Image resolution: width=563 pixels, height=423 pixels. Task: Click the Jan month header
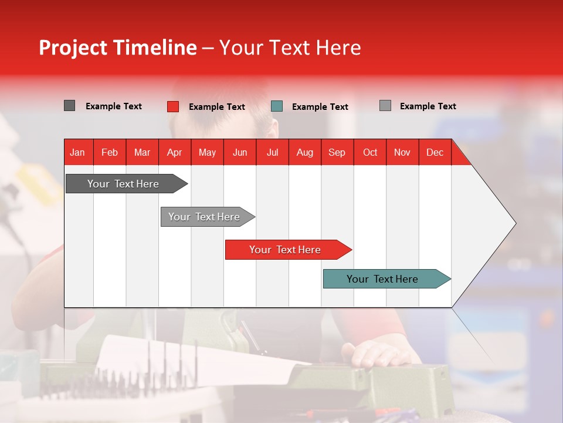pyautogui.click(x=77, y=153)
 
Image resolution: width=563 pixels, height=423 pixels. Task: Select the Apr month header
pyautogui.click(x=174, y=153)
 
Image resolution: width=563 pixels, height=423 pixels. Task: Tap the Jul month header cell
pyautogui.click(x=272, y=153)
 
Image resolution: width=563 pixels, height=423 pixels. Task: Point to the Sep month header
pyautogui.click(x=337, y=153)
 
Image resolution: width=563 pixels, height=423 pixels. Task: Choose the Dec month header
pyautogui.click(x=435, y=153)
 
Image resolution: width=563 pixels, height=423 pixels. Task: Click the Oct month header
pyautogui.click(x=370, y=153)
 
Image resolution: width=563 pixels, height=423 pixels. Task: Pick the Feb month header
pyautogui.click(x=110, y=153)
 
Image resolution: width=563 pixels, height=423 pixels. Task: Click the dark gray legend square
pyautogui.click(x=69, y=106)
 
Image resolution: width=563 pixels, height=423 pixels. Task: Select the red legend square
pyautogui.click(x=173, y=106)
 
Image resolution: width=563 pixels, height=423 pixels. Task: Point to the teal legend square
pyautogui.click(x=277, y=106)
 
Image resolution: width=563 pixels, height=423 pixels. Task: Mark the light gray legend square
pyautogui.click(x=385, y=106)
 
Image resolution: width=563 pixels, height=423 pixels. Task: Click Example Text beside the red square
pyautogui.click(x=217, y=107)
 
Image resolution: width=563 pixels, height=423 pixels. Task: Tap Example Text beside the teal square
pyautogui.click(x=320, y=107)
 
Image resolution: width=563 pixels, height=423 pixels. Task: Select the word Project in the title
pyautogui.click(x=73, y=48)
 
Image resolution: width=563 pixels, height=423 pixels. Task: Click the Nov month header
pyautogui.click(x=402, y=153)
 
